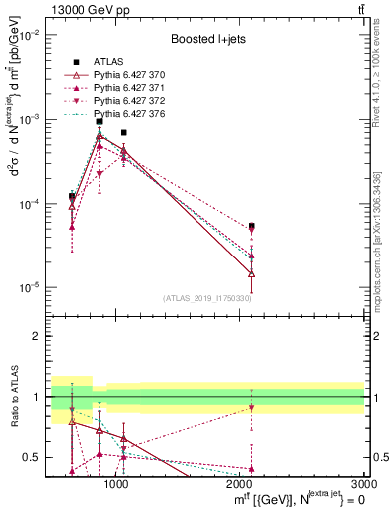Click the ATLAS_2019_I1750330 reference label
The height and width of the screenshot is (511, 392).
(x=207, y=297)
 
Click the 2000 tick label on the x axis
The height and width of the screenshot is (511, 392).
(x=239, y=483)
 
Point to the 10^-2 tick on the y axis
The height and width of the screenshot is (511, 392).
(x=31, y=35)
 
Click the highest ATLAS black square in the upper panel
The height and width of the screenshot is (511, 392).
(x=99, y=122)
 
